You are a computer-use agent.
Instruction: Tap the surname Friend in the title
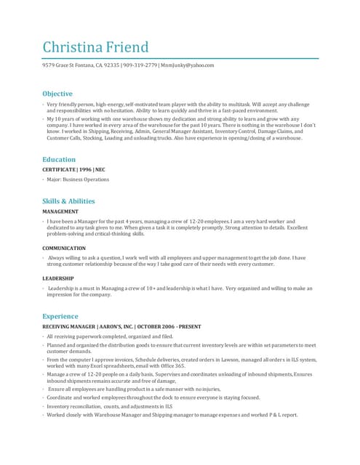128,48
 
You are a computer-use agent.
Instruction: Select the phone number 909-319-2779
140,65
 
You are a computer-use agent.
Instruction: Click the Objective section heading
57,94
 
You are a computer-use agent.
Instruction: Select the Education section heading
59,159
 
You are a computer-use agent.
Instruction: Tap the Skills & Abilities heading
68,201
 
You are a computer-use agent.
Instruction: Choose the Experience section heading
60,316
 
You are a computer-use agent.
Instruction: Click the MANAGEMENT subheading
60,211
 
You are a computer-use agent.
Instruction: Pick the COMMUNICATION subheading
64,248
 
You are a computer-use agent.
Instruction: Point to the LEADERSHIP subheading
58,278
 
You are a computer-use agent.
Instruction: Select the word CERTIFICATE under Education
60,169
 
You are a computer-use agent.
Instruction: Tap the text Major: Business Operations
78,179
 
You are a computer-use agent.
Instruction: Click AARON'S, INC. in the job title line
116,327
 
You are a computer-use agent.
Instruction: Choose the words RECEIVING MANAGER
69,327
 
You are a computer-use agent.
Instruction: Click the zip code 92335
112,65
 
